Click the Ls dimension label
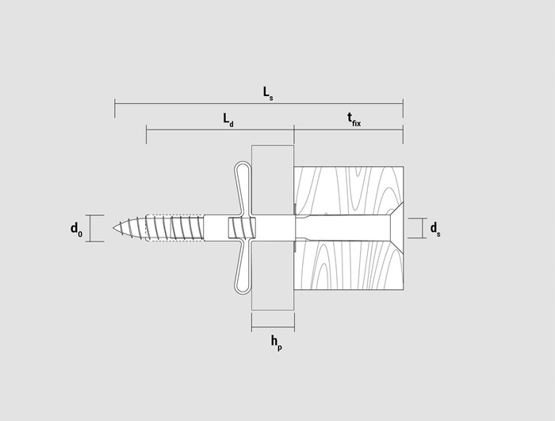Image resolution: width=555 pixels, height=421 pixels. pos(268,94)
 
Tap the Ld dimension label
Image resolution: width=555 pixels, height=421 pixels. pos(228,120)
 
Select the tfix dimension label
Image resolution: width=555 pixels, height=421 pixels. pos(354,120)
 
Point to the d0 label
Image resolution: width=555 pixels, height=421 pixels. pos(76,229)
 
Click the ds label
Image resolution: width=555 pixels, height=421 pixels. pos(435,229)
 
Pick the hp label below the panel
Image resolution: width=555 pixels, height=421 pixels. pos(277,342)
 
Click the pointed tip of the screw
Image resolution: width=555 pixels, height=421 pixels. pos(113,228)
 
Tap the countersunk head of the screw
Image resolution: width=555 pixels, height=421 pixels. pos(397,228)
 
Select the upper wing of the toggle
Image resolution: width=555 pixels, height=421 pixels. pos(243,188)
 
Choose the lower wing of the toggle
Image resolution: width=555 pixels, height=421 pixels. pos(243,267)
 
